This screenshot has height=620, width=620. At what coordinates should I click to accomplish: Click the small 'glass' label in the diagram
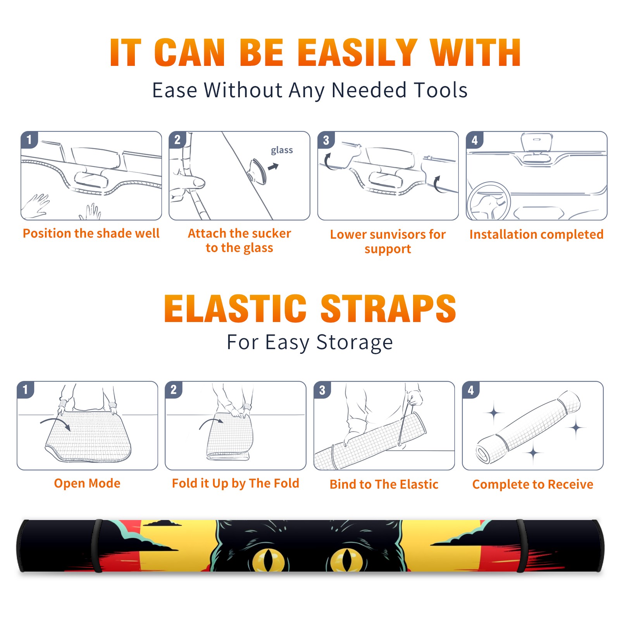(x=282, y=150)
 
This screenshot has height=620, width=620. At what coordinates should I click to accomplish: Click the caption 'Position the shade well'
(x=91, y=233)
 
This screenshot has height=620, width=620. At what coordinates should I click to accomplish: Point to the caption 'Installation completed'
(x=536, y=234)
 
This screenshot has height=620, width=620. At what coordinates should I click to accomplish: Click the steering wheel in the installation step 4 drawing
(x=489, y=201)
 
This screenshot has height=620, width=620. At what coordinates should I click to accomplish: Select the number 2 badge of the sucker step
(x=177, y=139)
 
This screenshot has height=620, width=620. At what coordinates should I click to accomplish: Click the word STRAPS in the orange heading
(x=388, y=308)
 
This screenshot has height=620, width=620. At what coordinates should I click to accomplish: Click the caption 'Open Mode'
(x=87, y=483)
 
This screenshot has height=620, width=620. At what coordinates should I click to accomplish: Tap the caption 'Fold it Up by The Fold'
(x=236, y=483)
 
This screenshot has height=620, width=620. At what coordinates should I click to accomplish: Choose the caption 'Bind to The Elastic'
(x=384, y=484)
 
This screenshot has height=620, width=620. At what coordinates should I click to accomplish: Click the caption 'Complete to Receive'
(x=533, y=484)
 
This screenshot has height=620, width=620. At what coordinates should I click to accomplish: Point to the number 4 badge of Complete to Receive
(x=471, y=390)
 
